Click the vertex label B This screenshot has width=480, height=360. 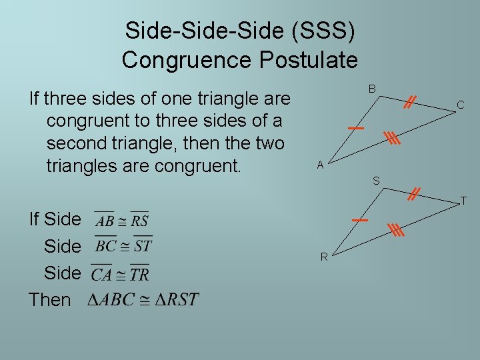373,89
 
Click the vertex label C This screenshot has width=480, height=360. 460,105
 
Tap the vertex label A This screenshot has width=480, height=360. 320,165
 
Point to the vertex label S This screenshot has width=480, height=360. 376,181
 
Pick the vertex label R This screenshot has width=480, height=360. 323,257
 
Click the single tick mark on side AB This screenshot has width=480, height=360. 356,127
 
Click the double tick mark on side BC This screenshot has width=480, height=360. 410,101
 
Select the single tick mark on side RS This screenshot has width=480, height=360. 360,219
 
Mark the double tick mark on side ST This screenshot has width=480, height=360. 414,193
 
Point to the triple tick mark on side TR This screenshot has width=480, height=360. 397,231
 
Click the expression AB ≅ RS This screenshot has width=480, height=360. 121,219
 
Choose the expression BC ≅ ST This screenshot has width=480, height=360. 123,245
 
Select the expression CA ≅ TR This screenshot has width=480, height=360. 120,273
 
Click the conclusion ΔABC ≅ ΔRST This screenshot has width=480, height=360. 143,299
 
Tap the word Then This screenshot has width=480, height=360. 50,300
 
